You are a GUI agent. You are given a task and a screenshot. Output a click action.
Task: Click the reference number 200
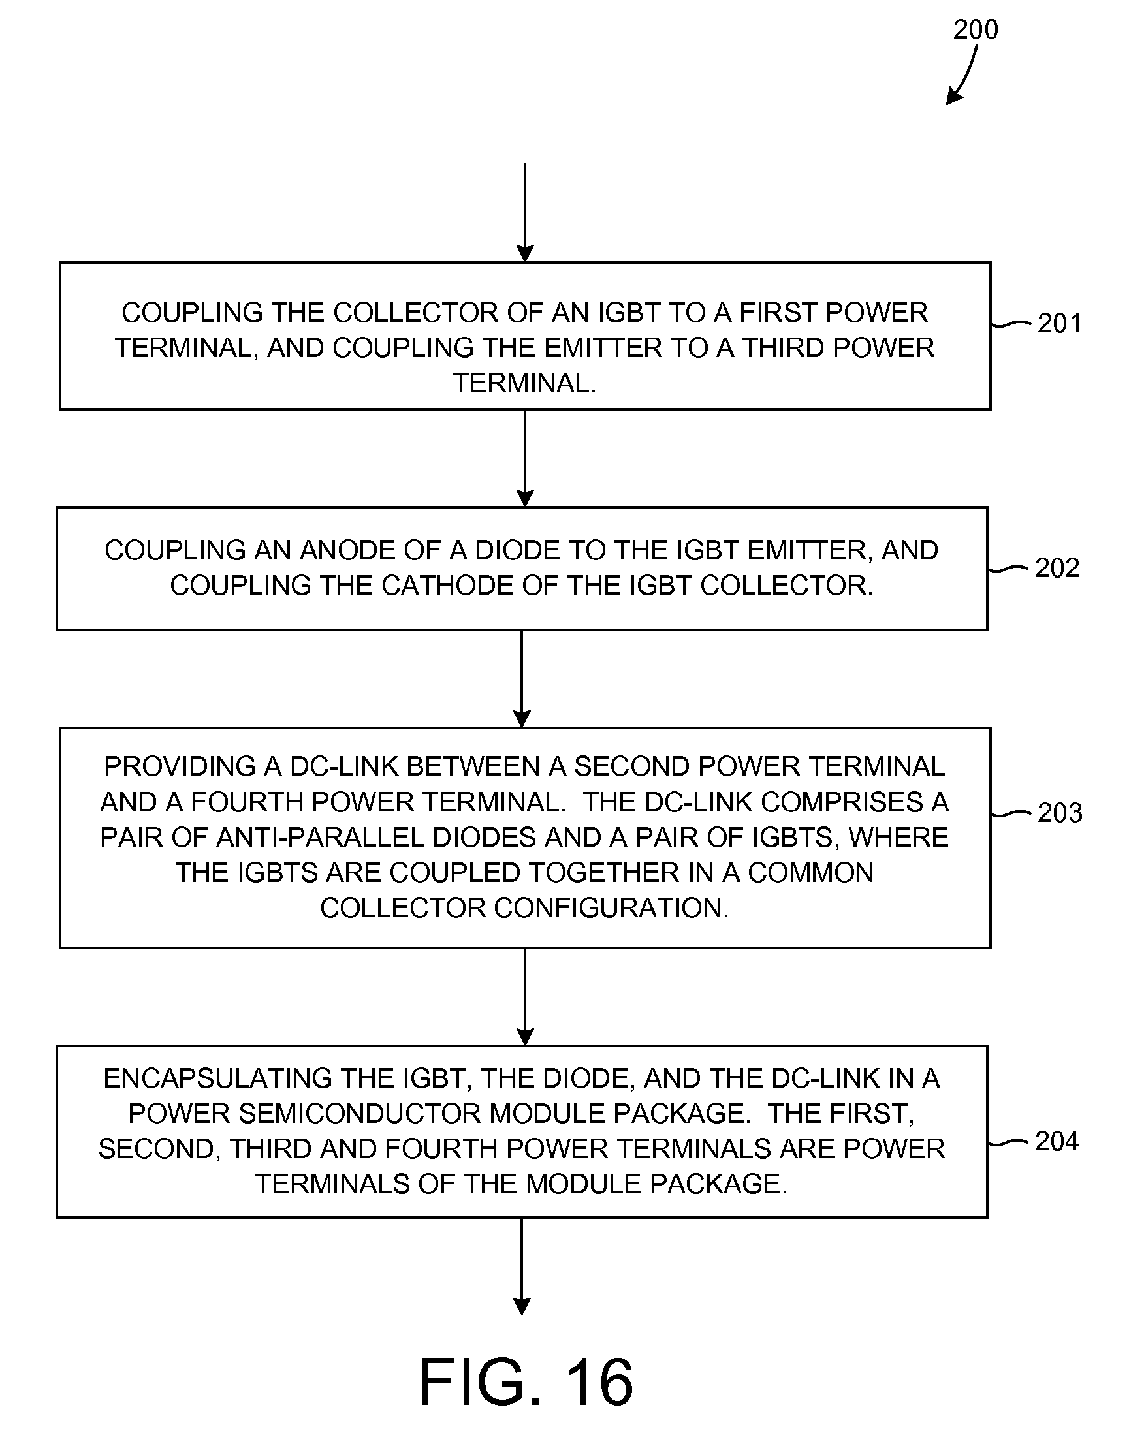click(975, 30)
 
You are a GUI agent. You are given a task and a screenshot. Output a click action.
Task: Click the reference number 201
click(1060, 323)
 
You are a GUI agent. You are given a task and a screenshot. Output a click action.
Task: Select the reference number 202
click(1057, 568)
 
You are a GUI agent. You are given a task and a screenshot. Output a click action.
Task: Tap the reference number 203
click(1060, 813)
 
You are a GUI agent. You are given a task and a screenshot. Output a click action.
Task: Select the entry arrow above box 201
click(525, 212)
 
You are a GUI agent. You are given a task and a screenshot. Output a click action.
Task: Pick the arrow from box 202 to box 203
click(522, 678)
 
